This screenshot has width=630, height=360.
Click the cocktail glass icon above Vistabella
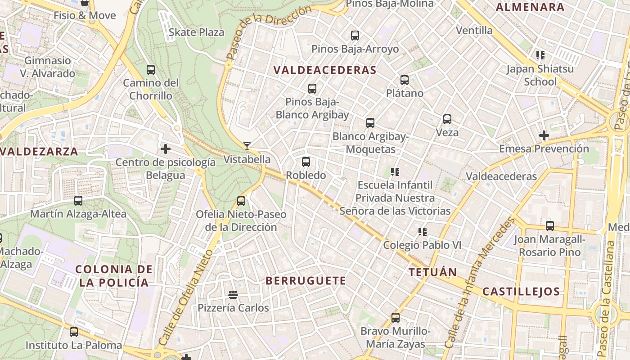click(x=247, y=146)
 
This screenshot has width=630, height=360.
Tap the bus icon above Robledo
click(x=306, y=162)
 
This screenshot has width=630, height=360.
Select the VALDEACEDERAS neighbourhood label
click(x=324, y=70)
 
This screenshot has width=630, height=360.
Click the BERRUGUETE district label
click(x=306, y=281)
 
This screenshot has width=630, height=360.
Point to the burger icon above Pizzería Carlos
click(x=233, y=295)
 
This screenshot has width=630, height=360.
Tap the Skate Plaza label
click(x=196, y=32)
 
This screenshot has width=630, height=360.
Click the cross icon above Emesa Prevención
click(x=544, y=135)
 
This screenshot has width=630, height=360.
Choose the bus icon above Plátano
click(x=405, y=80)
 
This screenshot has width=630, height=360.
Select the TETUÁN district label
click(x=432, y=272)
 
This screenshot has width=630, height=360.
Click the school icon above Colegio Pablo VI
click(x=422, y=232)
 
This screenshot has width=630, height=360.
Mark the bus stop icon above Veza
click(x=447, y=119)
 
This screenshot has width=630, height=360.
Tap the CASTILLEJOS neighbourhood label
click(x=521, y=291)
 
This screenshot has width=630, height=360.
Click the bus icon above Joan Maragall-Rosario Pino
click(x=549, y=226)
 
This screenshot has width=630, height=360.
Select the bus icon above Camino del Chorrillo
click(x=151, y=70)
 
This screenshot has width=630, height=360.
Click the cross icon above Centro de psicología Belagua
click(x=165, y=148)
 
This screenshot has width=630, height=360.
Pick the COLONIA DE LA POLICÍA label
click(x=112, y=276)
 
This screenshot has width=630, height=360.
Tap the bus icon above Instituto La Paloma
click(x=73, y=332)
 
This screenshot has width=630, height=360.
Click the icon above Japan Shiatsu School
click(x=540, y=55)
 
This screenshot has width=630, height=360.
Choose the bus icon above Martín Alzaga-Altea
click(x=78, y=201)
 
